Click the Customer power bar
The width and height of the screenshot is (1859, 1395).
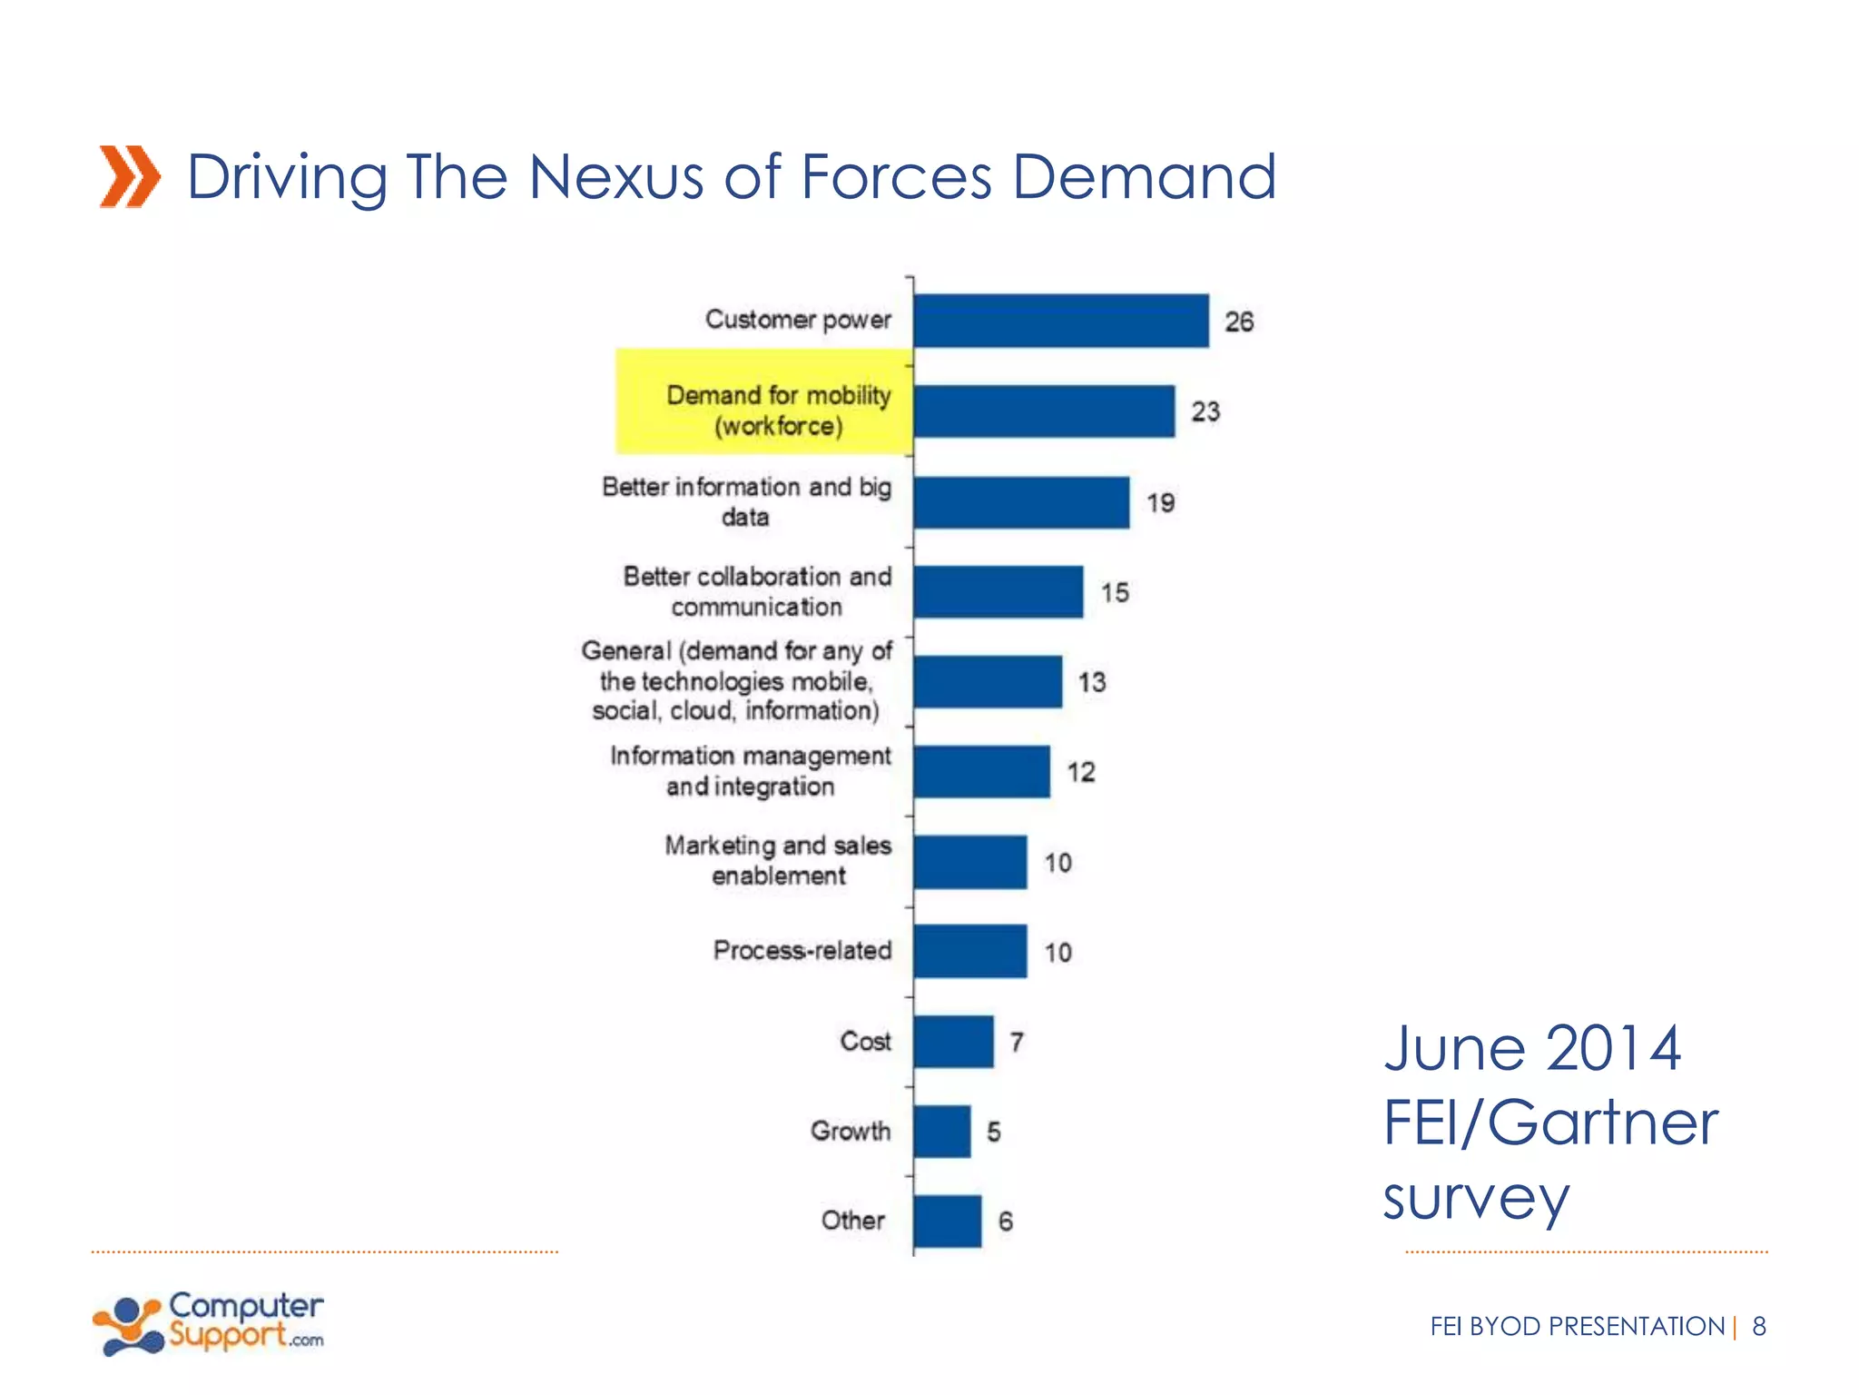point(1061,321)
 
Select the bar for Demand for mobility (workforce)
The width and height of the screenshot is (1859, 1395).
point(1044,411)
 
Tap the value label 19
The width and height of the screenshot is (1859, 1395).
point(1160,503)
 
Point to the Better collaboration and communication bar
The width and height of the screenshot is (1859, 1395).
point(998,592)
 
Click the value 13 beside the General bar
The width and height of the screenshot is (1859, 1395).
point(1092,682)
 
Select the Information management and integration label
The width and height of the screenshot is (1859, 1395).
point(750,771)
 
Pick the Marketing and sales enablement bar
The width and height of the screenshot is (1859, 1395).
point(970,862)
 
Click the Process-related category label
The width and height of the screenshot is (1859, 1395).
point(802,951)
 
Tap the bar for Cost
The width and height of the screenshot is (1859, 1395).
point(953,1042)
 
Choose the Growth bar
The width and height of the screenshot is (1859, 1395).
point(942,1132)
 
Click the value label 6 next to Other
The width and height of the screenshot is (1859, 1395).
point(1006,1222)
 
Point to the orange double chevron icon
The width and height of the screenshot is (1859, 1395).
point(130,176)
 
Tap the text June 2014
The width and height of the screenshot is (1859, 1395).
point(1532,1049)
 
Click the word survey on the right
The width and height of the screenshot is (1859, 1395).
point(1476,1199)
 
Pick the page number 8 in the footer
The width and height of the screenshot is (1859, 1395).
point(1759,1327)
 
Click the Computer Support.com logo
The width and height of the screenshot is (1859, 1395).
point(209,1324)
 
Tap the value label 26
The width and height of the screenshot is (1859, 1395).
point(1239,322)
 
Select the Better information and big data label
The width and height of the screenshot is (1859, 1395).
point(746,501)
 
